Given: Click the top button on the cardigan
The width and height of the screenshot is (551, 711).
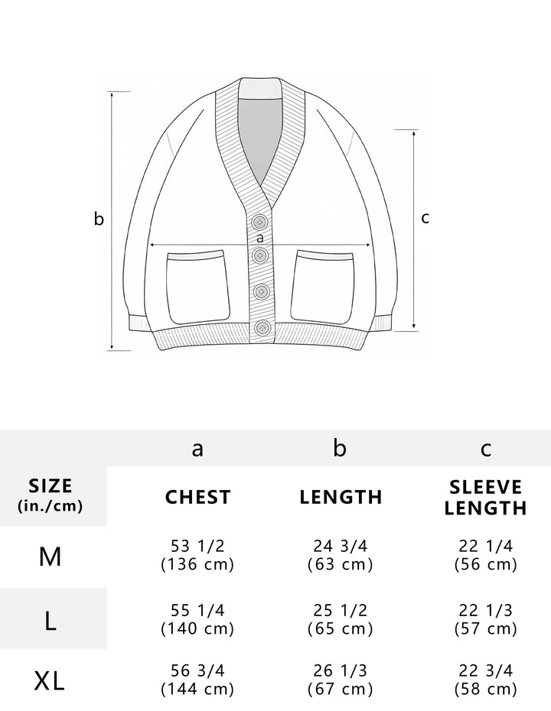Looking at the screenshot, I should click(x=260, y=222).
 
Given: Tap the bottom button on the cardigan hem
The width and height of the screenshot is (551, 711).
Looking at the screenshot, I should click(x=262, y=328).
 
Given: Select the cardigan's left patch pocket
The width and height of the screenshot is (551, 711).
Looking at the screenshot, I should click(x=199, y=287).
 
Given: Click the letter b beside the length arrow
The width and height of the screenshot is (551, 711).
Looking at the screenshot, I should click(x=99, y=219).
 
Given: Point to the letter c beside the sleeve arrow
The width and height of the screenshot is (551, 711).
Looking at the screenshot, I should click(x=425, y=218).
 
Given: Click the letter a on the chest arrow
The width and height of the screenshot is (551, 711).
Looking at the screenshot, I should click(x=261, y=238).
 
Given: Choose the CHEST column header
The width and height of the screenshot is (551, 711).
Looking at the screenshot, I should click(x=197, y=497).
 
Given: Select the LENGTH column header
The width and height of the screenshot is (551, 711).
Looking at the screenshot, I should click(x=341, y=497).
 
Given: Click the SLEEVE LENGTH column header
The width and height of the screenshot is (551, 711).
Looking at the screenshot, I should click(x=486, y=498).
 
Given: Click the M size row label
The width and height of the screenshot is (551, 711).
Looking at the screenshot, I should click(x=51, y=556).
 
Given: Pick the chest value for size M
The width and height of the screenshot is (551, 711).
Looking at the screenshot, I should click(x=197, y=555).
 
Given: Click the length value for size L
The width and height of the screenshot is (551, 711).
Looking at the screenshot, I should click(x=341, y=619).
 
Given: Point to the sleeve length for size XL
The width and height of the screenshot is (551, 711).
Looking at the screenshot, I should click(x=486, y=680).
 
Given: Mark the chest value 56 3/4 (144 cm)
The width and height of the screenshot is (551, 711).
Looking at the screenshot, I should click(x=197, y=680).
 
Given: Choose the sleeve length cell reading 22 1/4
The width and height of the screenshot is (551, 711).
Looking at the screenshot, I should click(x=486, y=555).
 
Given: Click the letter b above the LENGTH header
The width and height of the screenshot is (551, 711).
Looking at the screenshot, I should click(x=341, y=449).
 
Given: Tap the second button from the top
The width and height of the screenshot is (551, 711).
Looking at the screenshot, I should click(x=260, y=255).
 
